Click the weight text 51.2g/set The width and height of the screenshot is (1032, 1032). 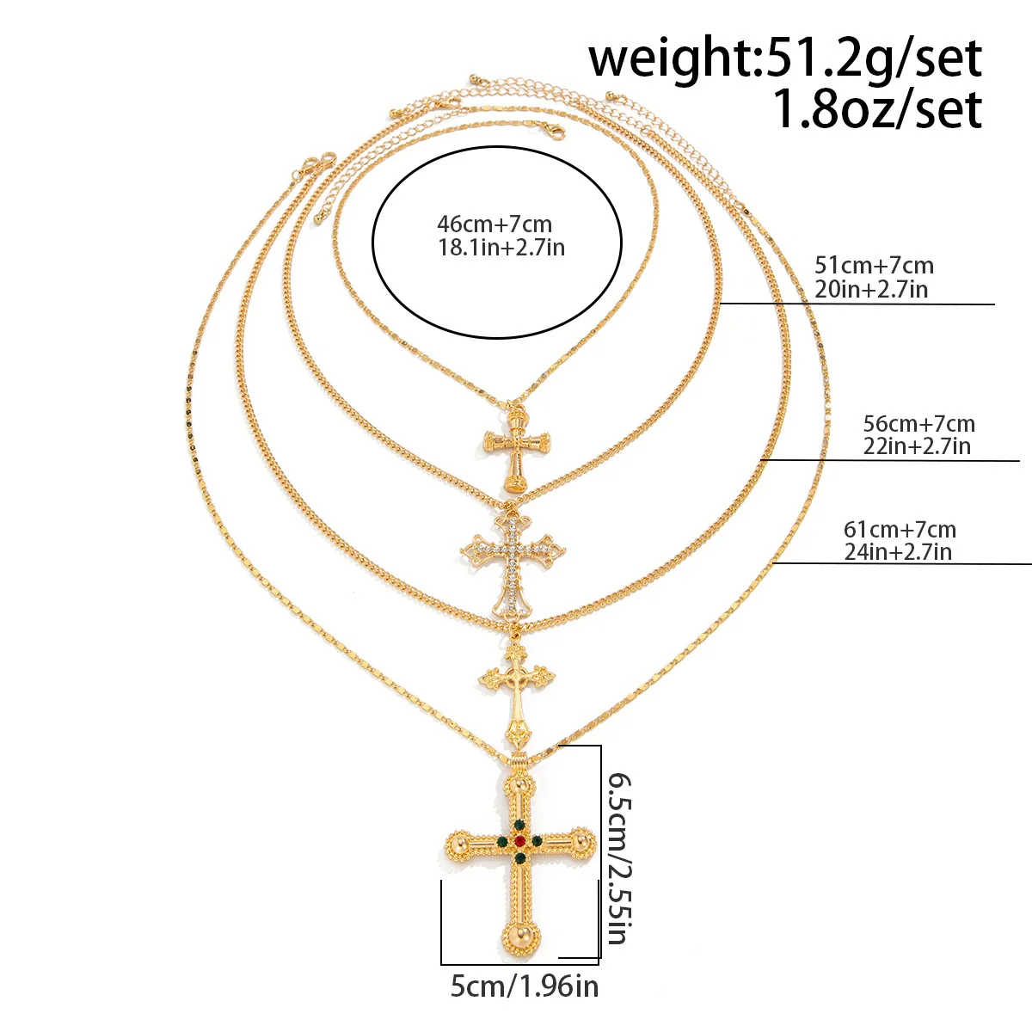pos(873,59)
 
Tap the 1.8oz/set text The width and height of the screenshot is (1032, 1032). pos(877,109)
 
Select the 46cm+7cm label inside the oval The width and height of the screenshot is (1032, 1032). pos(494,224)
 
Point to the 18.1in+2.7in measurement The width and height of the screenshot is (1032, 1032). pos(501,248)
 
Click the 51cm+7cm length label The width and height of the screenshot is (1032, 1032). pos(874,266)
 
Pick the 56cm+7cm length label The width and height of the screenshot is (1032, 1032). pos(919,424)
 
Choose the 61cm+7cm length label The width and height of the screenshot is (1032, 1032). pos(900,530)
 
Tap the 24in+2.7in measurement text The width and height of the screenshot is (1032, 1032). pos(898,552)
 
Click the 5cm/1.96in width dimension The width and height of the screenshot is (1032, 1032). pos(525,986)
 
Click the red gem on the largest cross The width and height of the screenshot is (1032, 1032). pos(519,840)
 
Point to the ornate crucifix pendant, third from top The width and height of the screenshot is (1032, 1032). pos(516,691)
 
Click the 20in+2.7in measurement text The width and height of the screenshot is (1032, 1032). pos(871,289)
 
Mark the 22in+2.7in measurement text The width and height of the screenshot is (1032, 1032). pos(917,446)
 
